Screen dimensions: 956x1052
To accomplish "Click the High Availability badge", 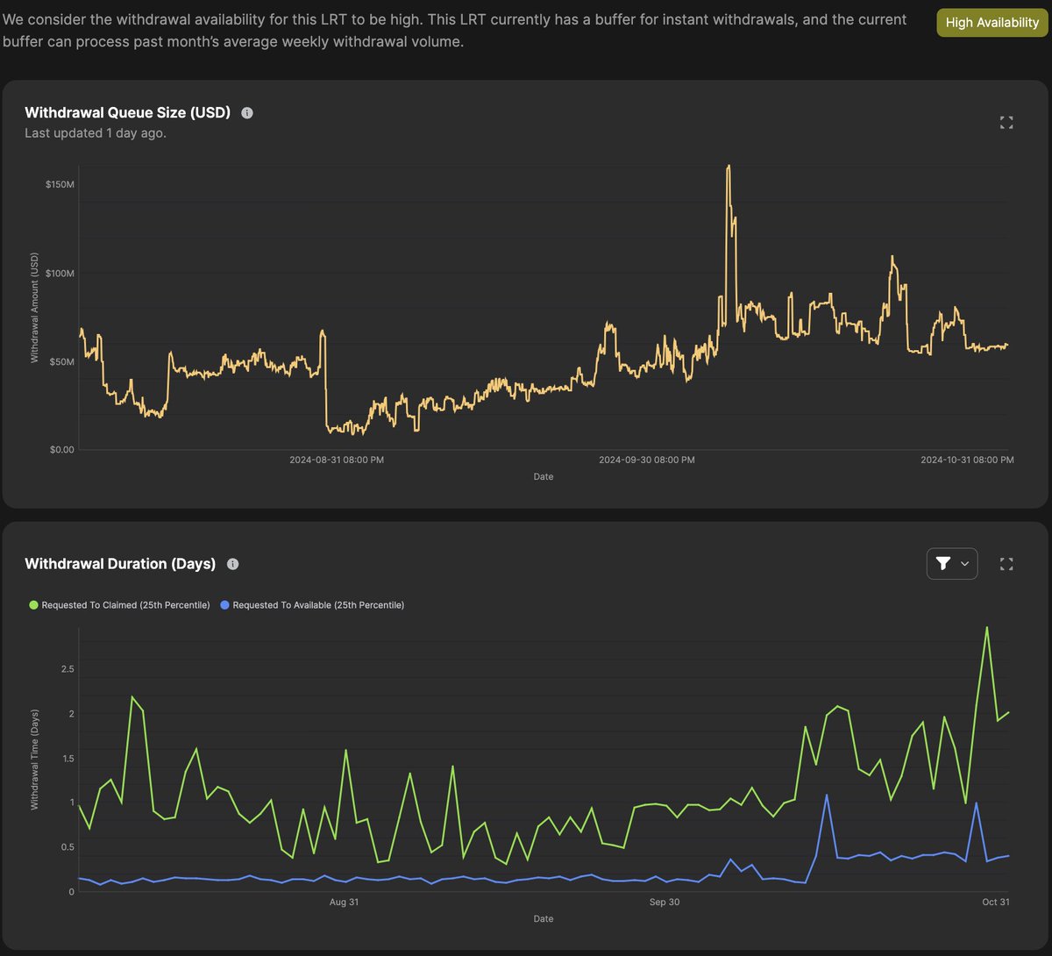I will [x=992, y=23].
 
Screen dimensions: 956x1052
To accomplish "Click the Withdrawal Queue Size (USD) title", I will [x=127, y=112].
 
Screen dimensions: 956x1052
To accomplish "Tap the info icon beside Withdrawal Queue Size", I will [x=247, y=113].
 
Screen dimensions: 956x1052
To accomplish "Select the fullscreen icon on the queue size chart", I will [x=1006, y=123].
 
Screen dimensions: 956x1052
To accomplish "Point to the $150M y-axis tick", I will [x=60, y=185].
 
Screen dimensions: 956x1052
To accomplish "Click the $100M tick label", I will [x=60, y=274].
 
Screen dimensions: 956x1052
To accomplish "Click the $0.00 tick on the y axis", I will [x=61, y=450].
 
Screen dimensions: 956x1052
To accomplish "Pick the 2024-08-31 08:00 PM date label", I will [x=337, y=460].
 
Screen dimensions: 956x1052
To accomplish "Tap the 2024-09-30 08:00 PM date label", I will [x=647, y=460].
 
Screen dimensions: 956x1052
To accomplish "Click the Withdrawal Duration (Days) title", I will [x=120, y=564].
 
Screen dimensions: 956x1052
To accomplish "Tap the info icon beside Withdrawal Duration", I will [x=233, y=564].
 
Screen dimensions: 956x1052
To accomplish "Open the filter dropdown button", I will [x=951, y=563].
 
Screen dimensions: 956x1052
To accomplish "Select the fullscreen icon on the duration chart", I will [x=1006, y=564].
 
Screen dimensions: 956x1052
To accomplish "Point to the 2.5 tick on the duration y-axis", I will [x=68, y=669].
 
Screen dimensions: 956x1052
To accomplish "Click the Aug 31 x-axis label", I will [x=344, y=902].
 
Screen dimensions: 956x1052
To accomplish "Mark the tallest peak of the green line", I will [x=987, y=627].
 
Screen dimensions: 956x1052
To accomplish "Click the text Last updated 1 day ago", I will [x=96, y=133].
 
